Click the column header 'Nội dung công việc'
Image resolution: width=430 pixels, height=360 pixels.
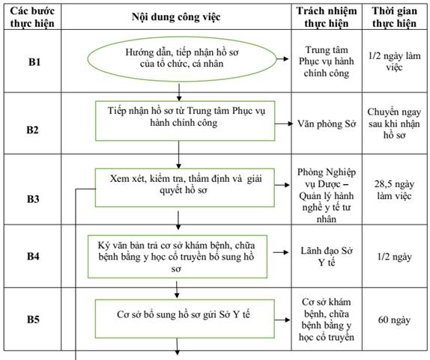click(176, 17)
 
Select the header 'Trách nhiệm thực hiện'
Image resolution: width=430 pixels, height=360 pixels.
click(327, 17)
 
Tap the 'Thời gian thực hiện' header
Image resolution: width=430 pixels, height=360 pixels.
click(394, 17)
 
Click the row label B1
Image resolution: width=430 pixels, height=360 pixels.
click(34, 62)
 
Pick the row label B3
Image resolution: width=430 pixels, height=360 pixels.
click(33, 199)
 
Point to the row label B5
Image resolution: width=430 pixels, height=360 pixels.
click(33, 320)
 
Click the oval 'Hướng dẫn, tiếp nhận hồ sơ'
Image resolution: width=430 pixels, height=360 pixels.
click(182, 58)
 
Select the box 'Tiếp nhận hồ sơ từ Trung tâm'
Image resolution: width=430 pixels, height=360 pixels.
click(185, 120)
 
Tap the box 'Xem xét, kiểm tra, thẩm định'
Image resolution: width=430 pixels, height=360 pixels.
click(185, 188)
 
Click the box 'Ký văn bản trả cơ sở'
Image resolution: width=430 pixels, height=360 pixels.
click(178, 257)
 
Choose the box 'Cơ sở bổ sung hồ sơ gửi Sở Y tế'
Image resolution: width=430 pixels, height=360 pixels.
click(185, 319)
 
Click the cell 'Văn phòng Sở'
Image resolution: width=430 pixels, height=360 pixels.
click(327, 124)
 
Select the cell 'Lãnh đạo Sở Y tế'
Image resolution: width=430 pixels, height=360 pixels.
click(327, 257)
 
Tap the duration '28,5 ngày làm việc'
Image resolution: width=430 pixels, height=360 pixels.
click(394, 190)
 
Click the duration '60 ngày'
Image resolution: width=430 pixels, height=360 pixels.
click(394, 320)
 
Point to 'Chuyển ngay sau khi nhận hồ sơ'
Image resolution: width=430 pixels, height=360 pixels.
click(394, 123)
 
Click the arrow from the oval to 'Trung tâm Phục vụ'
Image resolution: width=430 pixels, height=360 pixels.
click(282, 58)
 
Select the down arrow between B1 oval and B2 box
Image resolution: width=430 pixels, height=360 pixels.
click(179, 92)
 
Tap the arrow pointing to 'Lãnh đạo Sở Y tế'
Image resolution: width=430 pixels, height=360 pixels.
click(281, 252)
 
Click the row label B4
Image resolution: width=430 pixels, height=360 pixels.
click(33, 256)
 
